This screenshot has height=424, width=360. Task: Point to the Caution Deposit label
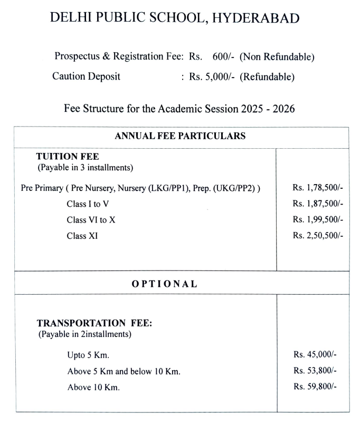click(x=86, y=77)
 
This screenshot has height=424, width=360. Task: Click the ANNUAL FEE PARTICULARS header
click(x=180, y=136)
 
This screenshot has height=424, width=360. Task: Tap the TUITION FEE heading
click(x=68, y=157)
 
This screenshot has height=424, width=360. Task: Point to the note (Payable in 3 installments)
click(x=85, y=168)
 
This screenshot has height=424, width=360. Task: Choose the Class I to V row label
click(x=88, y=204)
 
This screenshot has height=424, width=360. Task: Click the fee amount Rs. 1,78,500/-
click(x=318, y=188)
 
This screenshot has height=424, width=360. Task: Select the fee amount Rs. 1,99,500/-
click(x=318, y=220)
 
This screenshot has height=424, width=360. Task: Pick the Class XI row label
click(x=82, y=236)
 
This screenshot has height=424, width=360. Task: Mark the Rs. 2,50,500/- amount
click(x=318, y=236)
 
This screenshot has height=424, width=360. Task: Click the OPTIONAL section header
click(x=164, y=284)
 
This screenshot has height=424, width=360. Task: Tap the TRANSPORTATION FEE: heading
click(x=94, y=324)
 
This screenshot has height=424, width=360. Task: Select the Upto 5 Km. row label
click(x=88, y=355)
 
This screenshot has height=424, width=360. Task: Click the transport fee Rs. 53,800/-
click(x=315, y=371)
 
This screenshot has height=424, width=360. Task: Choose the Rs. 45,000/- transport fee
click(x=315, y=355)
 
